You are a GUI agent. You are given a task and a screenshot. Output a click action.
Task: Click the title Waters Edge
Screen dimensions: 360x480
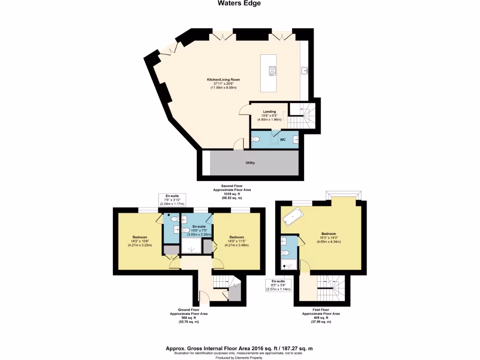tap(239, 3)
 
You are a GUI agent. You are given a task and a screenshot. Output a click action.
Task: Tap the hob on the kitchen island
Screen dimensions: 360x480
tap(272, 71)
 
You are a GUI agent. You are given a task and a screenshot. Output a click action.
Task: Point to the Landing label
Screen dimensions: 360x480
tap(269, 112)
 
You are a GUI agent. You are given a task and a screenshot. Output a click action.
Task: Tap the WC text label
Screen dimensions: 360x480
tap(283, 140)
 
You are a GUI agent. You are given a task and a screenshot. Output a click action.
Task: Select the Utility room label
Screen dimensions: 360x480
tap(250, 163)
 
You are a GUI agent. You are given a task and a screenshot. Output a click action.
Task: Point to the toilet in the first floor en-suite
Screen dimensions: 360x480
tap(285, 253)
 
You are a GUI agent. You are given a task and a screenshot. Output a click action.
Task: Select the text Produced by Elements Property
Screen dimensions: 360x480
tap(239, 357)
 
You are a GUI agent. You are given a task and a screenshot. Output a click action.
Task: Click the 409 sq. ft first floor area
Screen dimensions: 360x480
tap(321, 318)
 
